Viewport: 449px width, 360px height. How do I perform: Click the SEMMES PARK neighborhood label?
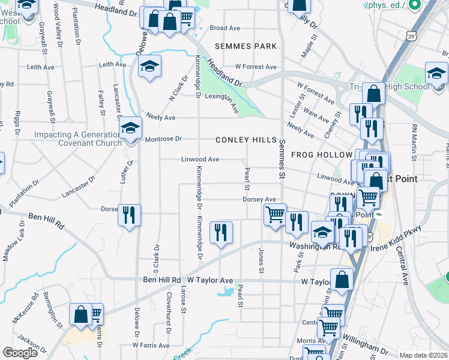pos(247,46)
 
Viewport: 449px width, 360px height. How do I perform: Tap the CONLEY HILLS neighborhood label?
pos(247,140)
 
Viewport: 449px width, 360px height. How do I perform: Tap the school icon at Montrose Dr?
pos(130,130)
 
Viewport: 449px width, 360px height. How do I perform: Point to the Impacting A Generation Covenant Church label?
pos(74,139)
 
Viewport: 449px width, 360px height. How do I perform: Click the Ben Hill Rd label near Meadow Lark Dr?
pos(46,218)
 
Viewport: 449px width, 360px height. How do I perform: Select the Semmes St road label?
pos(281,159)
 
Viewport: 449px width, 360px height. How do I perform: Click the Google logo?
pos(20,352)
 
